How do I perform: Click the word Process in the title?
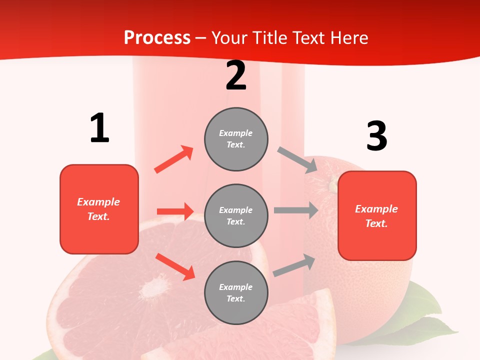(157, 38)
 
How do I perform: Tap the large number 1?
(99, 128)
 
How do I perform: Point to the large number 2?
(236, 76)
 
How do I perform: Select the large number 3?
(376, 136)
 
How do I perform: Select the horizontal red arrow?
(175, 211)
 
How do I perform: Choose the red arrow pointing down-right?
(175, 266)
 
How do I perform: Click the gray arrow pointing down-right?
(297, 160)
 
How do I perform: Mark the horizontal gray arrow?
(296, 210)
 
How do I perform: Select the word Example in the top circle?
(236, 133)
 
